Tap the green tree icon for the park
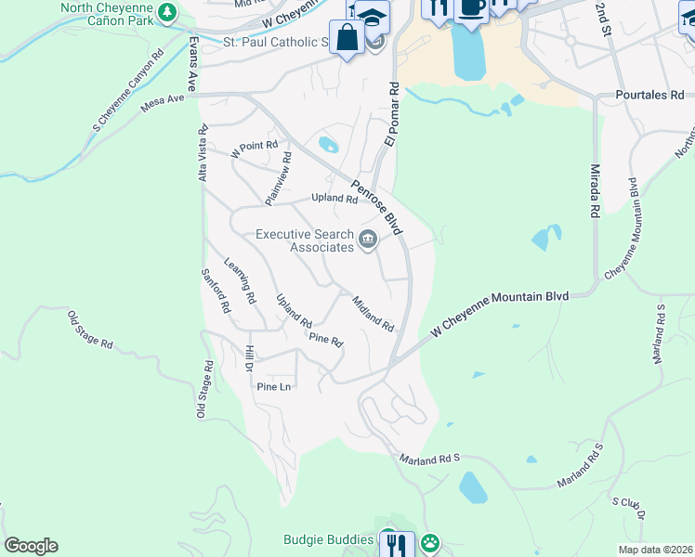point(166,12)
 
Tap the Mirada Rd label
point(595,192)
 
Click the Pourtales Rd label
point(649,95)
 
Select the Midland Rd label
point(374,315)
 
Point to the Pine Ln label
point(274,386)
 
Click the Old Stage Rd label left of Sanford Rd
point(90,330)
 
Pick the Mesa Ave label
point(163,102)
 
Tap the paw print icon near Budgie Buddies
point(429,542)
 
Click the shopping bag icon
point(348,38)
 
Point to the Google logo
point(31,546)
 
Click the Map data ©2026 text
point(655,550)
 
